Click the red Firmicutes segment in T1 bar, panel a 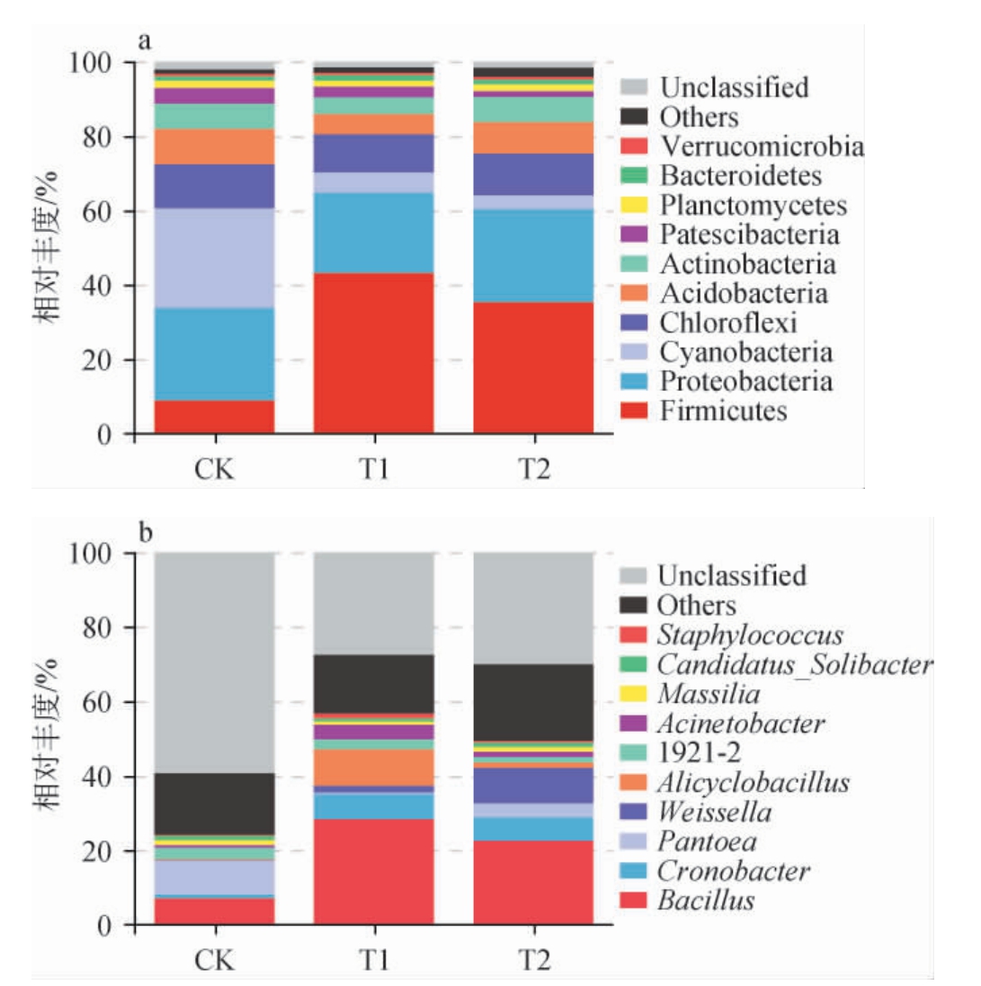[373, 353]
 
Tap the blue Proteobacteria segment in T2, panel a [533, 256]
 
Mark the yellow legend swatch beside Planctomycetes [634, 206]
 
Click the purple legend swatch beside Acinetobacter [634, 724]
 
